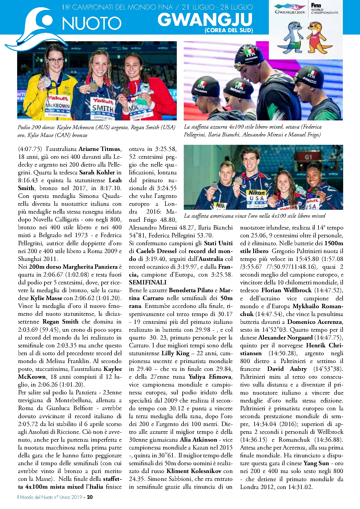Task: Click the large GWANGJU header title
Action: [x=205, y=20]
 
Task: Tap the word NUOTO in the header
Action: [x=92, y=23]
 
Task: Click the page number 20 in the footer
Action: [x=90, y=497]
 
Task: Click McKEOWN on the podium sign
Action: [x=57, y=106]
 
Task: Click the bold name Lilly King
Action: [x=175, y=353]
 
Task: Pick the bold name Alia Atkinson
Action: [x=199, y=440]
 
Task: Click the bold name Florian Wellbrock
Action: [x=286, y=290]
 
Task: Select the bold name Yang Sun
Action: [x=316, y=463]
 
